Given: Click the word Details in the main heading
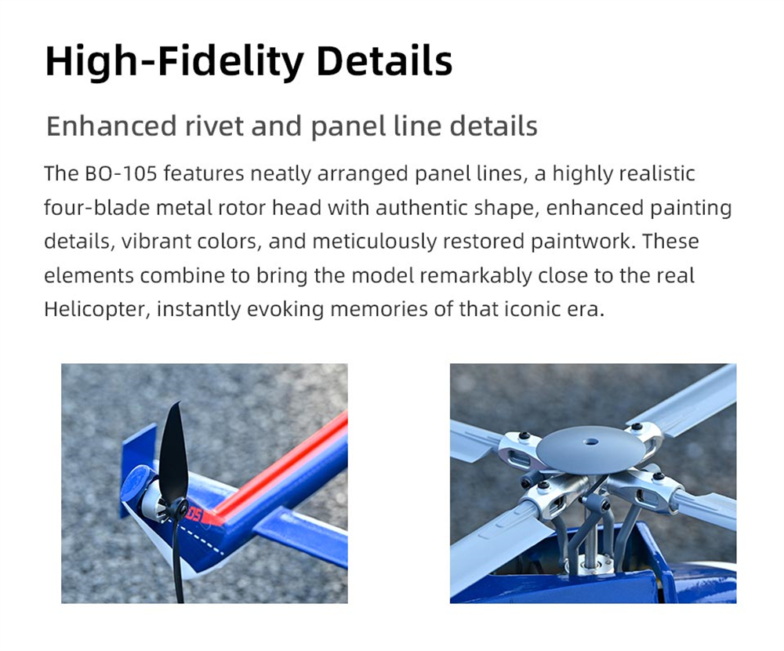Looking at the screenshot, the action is coord(384,61).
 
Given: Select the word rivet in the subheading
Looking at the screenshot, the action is coord(214,125).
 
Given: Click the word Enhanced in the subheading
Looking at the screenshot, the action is coord(111,125).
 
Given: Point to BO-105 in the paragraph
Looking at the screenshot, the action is coord(122,174).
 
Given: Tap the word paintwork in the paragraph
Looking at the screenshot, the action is coord(582,242).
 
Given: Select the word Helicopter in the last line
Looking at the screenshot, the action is coord(97,309).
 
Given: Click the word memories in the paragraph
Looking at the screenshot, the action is coord(379,309).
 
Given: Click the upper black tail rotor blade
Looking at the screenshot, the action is coord(174,450).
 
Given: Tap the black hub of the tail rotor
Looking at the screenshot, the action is coord(179,509).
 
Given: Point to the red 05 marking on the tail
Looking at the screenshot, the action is coord(194,514).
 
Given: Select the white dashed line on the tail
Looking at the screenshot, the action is coord(204,541).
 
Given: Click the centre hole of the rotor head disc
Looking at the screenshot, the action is coord(591,442).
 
